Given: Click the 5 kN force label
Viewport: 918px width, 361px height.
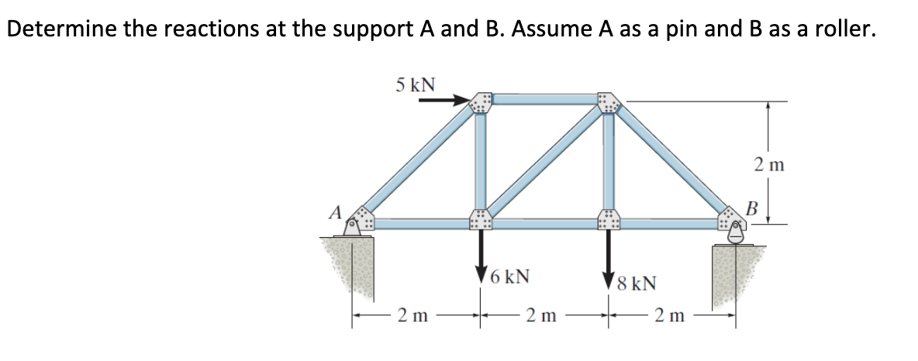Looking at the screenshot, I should pos(413,84).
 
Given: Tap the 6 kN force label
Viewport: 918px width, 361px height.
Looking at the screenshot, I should pos(511,276).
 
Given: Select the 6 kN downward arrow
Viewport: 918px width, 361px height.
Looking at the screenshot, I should pos(481,252).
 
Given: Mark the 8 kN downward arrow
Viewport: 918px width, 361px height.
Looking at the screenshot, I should pos(608,256).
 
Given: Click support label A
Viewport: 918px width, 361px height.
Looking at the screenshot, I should pos(335,211).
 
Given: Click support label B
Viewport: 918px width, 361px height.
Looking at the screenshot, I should pos(750,207).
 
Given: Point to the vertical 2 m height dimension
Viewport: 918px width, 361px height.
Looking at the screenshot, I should pos(769,163).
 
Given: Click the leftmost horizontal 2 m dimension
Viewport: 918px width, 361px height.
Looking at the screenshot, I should pos(412,315).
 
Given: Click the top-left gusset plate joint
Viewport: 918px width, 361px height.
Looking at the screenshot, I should pos(481,103).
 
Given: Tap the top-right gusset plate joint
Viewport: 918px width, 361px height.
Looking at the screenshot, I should pos(608,103).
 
